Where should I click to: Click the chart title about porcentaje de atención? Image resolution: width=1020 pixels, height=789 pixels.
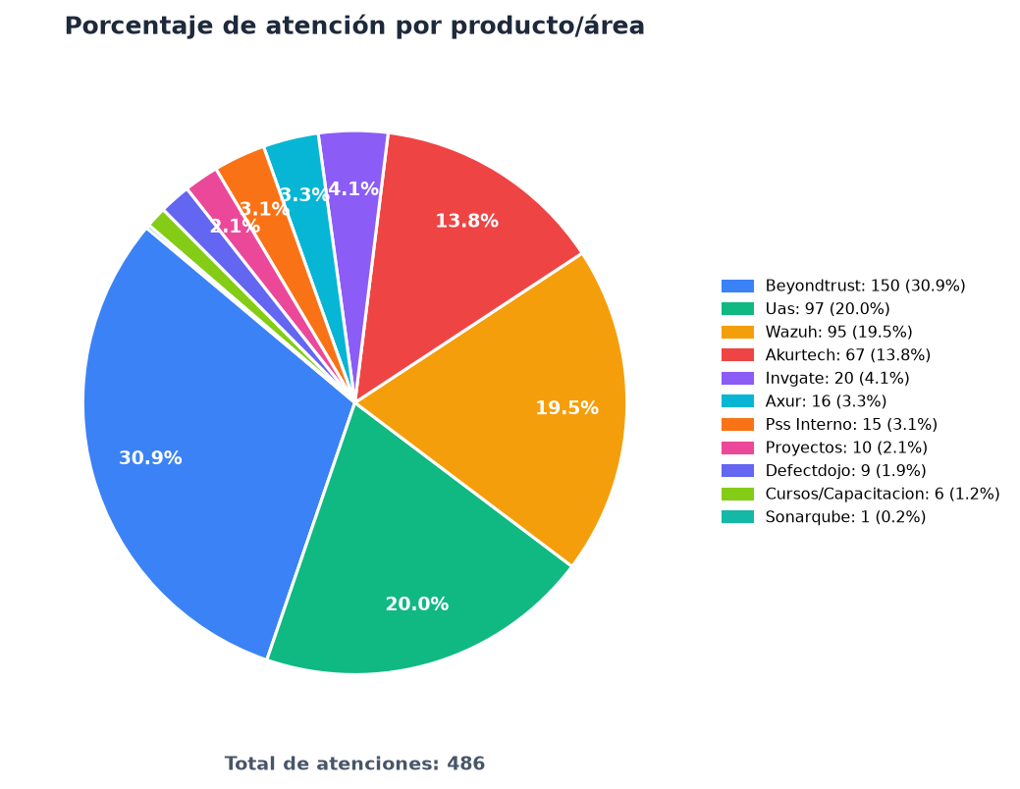[x=354, y=26]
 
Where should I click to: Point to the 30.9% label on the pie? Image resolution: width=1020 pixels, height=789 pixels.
[x=150, y=458]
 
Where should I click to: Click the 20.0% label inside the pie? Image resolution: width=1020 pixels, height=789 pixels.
[x=417, y=605]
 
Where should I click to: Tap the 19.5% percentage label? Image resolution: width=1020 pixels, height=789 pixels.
[x=566, y=408]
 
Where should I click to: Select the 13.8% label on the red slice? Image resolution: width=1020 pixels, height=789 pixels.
[x=466, y=221]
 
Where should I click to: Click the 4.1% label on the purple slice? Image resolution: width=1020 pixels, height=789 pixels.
[x=353, y=188]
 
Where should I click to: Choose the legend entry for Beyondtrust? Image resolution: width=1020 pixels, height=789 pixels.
[x=843, y=286]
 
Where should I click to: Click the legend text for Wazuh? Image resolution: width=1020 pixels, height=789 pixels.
[x=838, y=332]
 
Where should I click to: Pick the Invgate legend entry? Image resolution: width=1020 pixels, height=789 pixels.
[x=815, y=378]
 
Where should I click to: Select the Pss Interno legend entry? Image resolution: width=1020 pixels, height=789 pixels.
[x=830, y=424]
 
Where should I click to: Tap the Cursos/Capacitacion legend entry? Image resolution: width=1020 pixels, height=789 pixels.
[x=860, y=494]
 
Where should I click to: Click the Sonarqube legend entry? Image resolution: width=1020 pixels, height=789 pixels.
[x=823, y=516]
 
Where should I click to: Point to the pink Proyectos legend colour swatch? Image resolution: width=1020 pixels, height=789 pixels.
[x=737, y=447]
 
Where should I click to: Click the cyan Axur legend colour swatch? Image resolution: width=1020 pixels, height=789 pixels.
[x=737, y=401]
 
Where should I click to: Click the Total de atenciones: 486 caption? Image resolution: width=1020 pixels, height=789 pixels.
[x=354, y=763]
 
